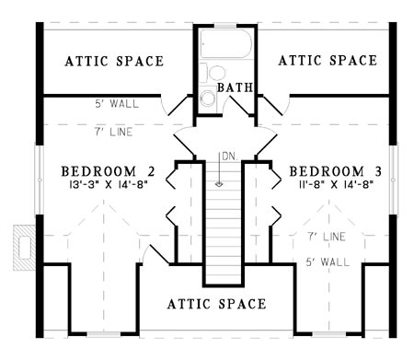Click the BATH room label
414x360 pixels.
236,87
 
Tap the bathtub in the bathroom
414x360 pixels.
226,43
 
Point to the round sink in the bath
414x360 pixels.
208,98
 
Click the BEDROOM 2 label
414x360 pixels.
109,171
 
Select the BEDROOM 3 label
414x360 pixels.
336,171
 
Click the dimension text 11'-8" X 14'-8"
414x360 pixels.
336,185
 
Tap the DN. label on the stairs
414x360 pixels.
230,157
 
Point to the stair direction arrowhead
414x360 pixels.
219,184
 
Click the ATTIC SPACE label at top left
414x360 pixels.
114,61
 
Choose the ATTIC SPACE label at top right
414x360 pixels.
328,61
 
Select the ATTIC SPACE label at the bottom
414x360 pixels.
217,304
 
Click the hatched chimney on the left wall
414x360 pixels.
25,248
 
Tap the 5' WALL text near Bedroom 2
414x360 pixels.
117,104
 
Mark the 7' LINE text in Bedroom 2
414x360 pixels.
113,132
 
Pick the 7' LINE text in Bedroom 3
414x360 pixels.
327,237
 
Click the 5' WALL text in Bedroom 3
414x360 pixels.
328,262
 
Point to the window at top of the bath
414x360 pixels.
225,26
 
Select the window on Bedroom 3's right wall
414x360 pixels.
393,180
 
